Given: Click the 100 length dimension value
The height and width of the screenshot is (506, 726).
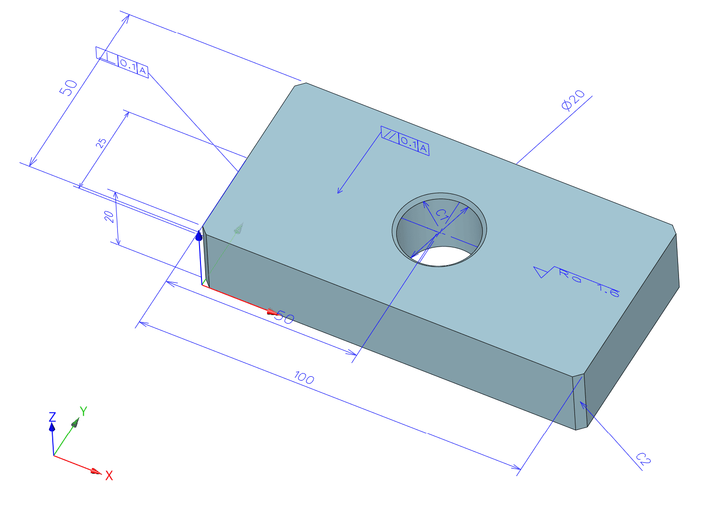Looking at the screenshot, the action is coord(304,378).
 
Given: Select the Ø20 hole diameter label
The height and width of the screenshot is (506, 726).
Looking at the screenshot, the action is coord(573,100).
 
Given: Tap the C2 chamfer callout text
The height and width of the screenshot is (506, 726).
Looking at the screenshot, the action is coord(643,458).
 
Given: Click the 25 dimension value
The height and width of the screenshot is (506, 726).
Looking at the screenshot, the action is coord(101,143).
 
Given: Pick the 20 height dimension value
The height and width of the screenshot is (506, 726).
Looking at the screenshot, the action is coord(109,217).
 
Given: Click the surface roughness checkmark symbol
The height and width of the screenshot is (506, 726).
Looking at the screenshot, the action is coord(544,272).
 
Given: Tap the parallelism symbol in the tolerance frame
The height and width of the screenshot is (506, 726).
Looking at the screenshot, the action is coord(390,134).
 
